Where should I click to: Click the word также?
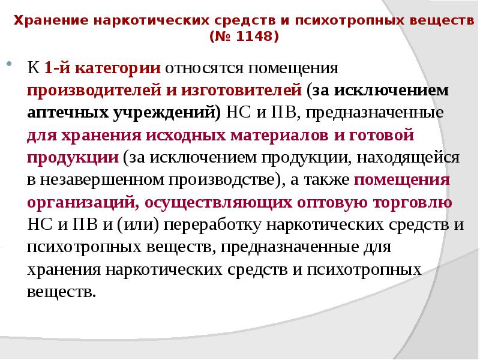click(321, 181)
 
